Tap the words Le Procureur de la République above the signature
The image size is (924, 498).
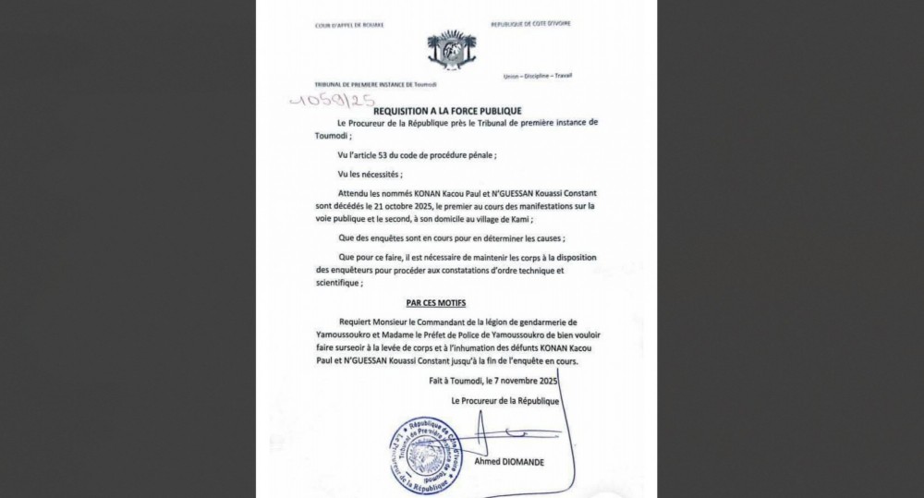click(505, 400)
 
